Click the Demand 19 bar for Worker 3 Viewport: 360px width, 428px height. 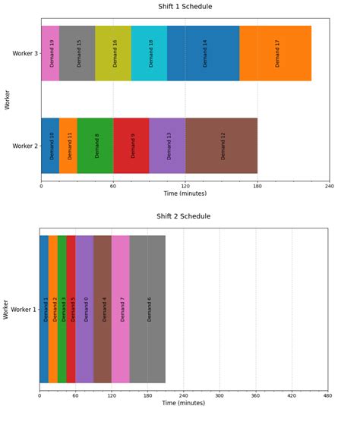coord(50,53)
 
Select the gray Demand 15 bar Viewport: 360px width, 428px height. coord(77,53)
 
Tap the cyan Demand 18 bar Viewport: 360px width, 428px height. coord(149,53)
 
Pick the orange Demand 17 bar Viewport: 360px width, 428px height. coord(275,53)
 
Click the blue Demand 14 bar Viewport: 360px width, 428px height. coord(203,53)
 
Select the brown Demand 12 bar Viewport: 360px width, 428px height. coord(221,146)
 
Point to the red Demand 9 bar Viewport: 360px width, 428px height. coord(131,146)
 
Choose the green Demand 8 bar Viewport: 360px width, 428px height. coord(95,146)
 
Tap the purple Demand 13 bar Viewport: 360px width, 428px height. coord(167,146)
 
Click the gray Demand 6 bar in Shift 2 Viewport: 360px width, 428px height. coord(147,309)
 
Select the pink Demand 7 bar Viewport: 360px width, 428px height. coord(121,309)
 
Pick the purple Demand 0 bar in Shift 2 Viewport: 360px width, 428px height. coord(84,309)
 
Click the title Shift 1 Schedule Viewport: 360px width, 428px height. coord(185,7)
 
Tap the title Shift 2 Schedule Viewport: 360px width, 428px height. coord(185,216)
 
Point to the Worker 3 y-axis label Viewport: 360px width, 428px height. coord(26,54)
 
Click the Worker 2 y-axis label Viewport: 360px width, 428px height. coord(26,146)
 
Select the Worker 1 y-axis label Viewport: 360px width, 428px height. coord(24,310)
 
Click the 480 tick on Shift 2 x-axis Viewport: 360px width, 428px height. coord(327,395)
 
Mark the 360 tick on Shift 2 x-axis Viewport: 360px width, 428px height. coord(255,395)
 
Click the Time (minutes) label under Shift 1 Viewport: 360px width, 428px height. coord(185,194)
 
